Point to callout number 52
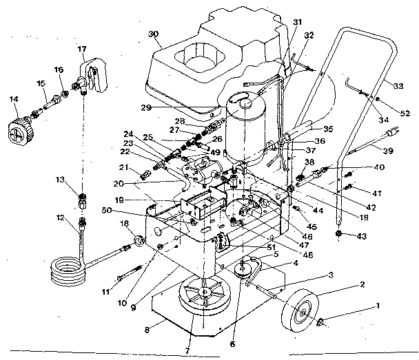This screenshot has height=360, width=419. coord(404,112)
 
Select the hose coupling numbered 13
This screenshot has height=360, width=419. coord(83,201)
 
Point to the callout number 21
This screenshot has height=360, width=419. coord(125,168)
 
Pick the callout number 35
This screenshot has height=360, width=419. coord(327,128)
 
